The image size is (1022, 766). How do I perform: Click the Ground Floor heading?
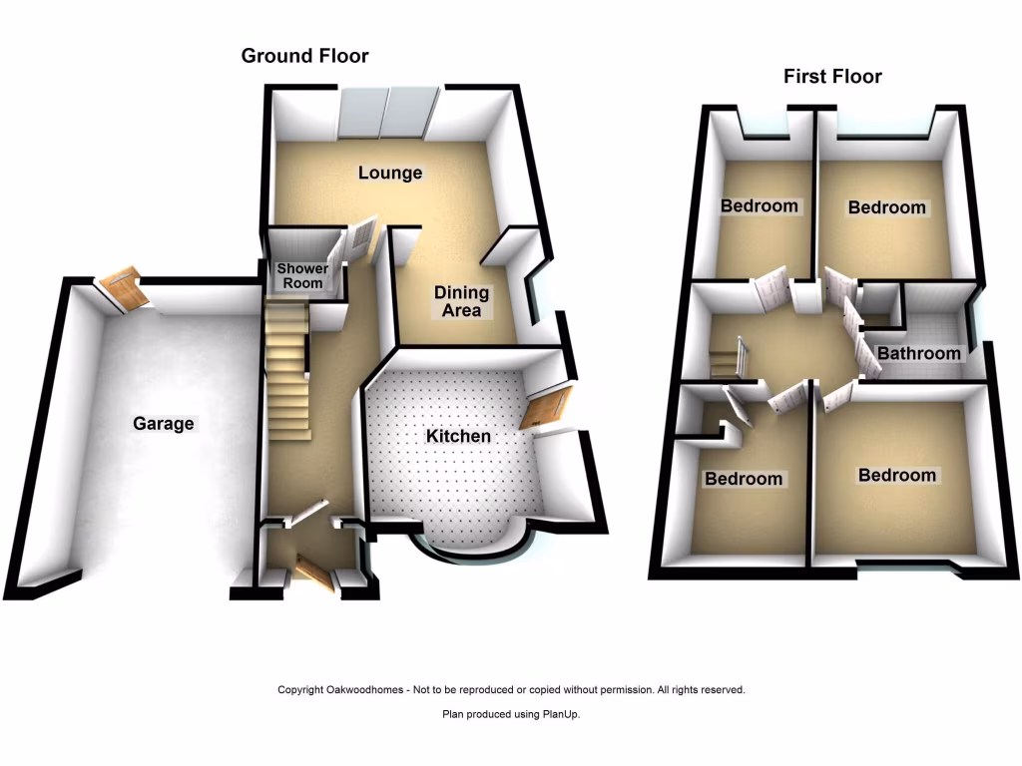304,56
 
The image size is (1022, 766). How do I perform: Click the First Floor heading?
832,76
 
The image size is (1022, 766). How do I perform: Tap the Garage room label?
164,424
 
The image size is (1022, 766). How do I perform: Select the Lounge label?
390,173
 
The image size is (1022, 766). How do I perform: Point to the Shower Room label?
300,276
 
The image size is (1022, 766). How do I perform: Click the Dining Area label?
461,301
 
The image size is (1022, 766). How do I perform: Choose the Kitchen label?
458,437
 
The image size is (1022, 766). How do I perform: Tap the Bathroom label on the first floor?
918,353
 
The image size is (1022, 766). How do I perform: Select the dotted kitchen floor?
449,479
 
